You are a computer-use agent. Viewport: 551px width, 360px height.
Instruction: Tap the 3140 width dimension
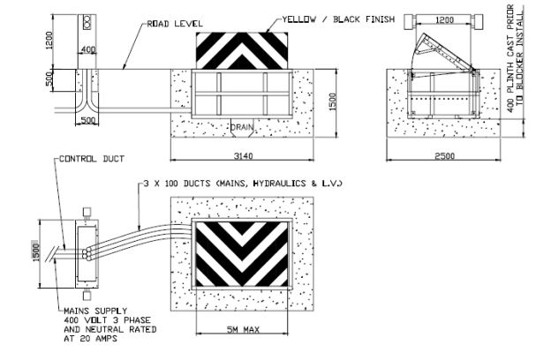pos(245,155)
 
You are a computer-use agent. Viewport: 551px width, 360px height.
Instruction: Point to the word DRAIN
pos(243,127)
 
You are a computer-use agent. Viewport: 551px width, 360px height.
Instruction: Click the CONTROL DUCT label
pos(88,160)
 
